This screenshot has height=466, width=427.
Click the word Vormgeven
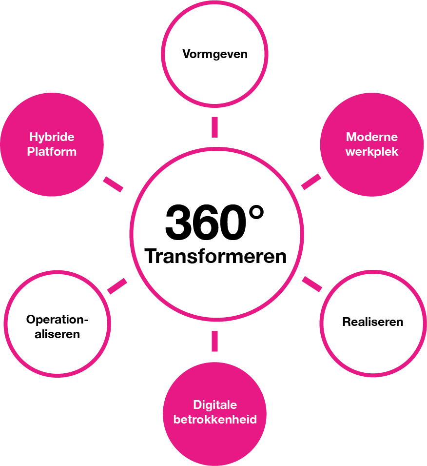pyautogui.click(x=215, y=54)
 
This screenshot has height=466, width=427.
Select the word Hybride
pyautogui.click(x=52, y=137)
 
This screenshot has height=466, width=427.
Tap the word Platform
pyautogui.click(x=52, y=151)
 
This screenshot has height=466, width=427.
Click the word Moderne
pyautogui.click(x=372, y=137)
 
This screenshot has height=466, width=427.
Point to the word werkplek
pyautogui.click(x=372, y=152)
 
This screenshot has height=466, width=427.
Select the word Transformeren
pyautogui.click(x=215, y=256)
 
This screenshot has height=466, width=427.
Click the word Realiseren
pyautogui.click(x=373, y=322)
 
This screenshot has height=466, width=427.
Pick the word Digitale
pyautogui.click(x=215, y=405)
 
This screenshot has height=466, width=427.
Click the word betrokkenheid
pyautogui.click(x=215, y=419)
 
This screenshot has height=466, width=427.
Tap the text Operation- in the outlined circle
pyautogui.click(x=58, y=320)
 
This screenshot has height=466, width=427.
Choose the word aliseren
pyautogui.click(x=58, y=334)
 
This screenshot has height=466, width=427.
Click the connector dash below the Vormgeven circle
pyautogui.click(x=214, y=127)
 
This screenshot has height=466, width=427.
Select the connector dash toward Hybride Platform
pyautogui.click(x=113, y=184)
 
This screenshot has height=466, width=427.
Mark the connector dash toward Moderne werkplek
pyautogui.click(x=311, y=181)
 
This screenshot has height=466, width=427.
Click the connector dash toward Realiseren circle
pyautogui.click(x=312, y=284)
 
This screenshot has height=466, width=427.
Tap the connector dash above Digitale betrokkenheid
pyautogui.click(x=214, y=341)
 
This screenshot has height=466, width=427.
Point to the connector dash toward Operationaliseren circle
pyautogui.click(x=117, y=286)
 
